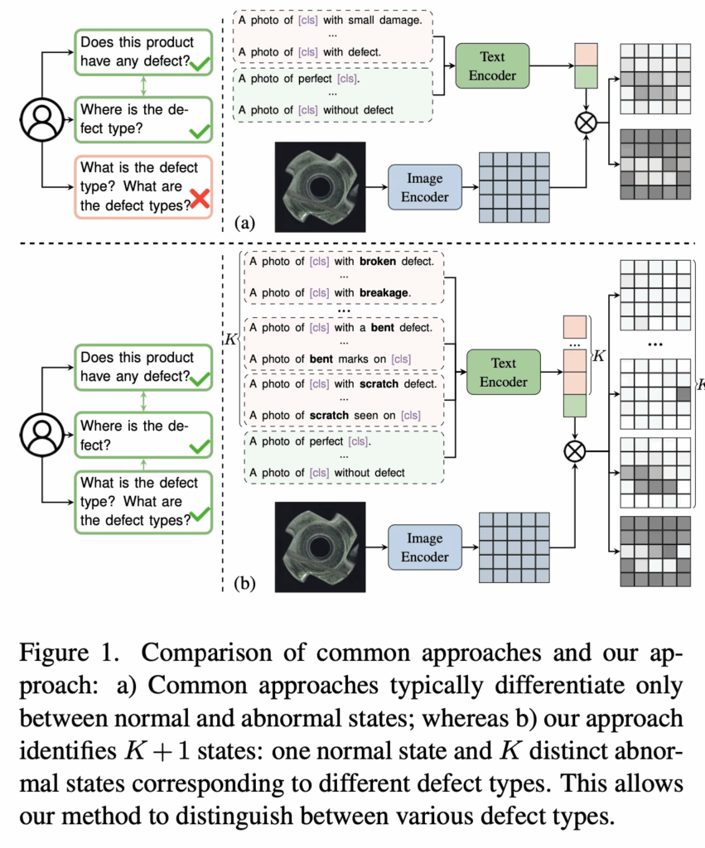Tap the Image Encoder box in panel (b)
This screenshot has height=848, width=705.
click(x=424, y=547)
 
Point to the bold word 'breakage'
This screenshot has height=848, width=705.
click(x=387, y=292)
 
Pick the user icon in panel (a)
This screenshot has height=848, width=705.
click(x=39, y=121)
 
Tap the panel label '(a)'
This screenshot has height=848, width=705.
click(x=245, y=222)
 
